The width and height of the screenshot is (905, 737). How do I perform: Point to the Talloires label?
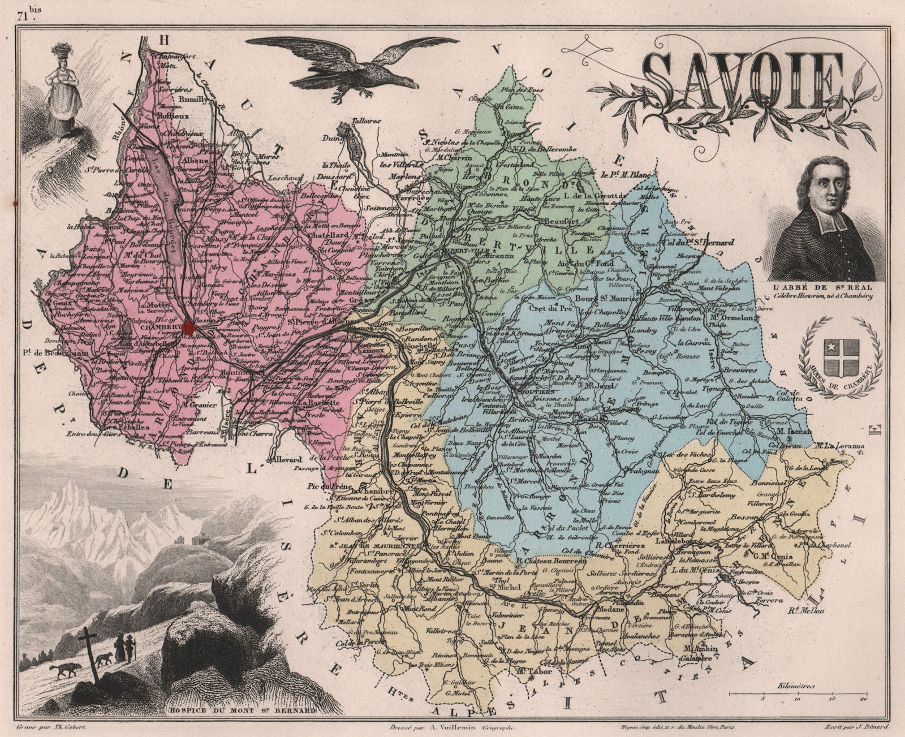tap(352, 121)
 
